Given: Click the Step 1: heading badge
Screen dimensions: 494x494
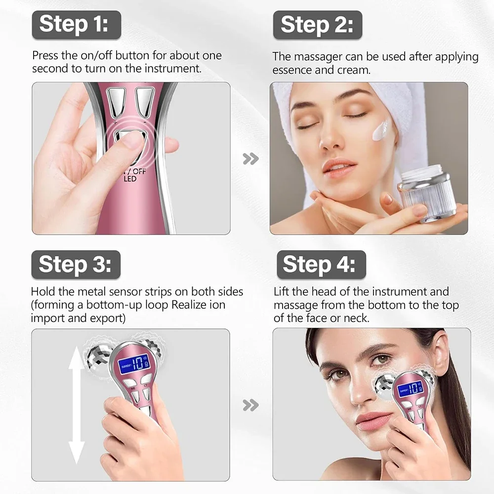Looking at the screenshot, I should (77, 25).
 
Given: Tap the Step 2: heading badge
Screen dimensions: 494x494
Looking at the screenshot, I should (318, 25).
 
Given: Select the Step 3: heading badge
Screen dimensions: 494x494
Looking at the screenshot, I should (76, 264).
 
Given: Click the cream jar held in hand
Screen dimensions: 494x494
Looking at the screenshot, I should (425, 193).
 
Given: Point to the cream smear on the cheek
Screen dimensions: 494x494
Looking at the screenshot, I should (383, 129).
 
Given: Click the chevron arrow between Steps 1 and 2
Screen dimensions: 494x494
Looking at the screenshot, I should (251, 159).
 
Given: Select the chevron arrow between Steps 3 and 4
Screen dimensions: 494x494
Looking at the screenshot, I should (251, 406).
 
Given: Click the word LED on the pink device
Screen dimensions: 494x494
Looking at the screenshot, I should (130, 179).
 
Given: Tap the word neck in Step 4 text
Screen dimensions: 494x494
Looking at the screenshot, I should (355, 318).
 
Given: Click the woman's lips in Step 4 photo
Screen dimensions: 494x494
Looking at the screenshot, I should (370, 420).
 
